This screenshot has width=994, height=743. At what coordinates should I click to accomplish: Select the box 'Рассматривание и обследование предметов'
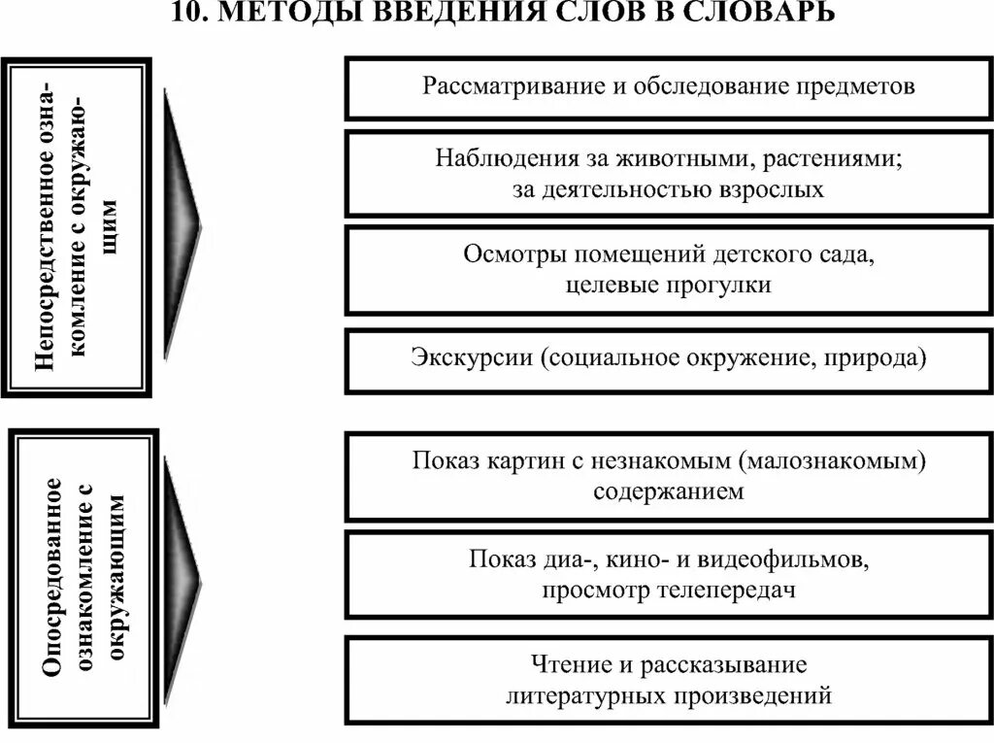pyautogui.click(x=668, y=87)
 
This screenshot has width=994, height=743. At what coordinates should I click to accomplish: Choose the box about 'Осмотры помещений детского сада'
pyautogui.click(x=668, y=269)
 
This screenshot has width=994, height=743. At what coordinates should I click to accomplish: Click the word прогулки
pyautogui.click(x=726, y=286)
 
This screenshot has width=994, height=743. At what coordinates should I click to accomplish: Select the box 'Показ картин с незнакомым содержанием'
pyautogui.click(x=668, y=476)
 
